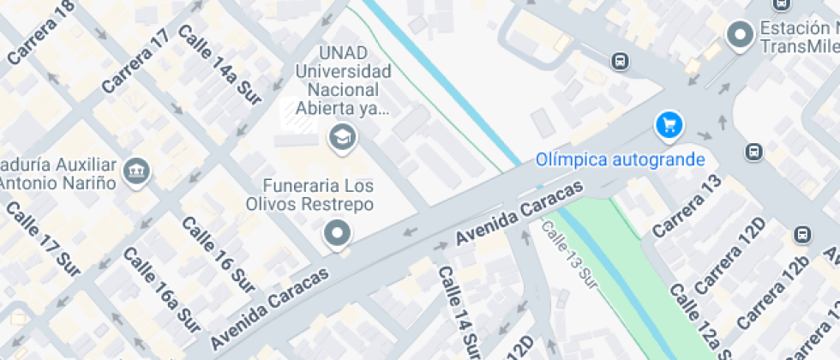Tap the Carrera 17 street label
pos(135,62)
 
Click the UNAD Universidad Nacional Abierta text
pos(343,81)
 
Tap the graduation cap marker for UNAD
pos(343,136)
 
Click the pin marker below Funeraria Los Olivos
pos(337,232)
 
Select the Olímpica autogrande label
pos(621,159)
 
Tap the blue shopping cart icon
pos(669,126)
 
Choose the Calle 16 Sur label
pos(219,250)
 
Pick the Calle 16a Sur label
pos(161,289)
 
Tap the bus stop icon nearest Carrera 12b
pos(801,235)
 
